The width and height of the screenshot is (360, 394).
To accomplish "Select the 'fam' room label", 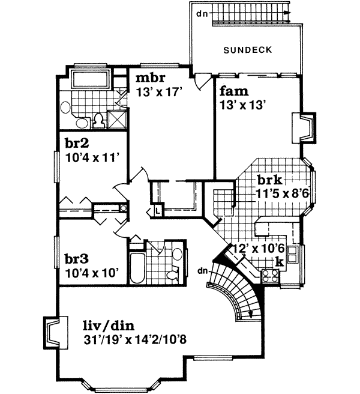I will tap(230, 92).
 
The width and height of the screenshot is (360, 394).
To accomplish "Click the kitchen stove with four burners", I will tap(269, 276).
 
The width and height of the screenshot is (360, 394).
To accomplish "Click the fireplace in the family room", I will tap(304, 128).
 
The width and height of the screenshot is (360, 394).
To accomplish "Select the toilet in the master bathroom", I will tap(99, 121).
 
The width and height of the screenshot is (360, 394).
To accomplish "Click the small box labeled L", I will tap(157, 211).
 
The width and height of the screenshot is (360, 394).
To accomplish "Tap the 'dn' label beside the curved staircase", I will tap(203, 270).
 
